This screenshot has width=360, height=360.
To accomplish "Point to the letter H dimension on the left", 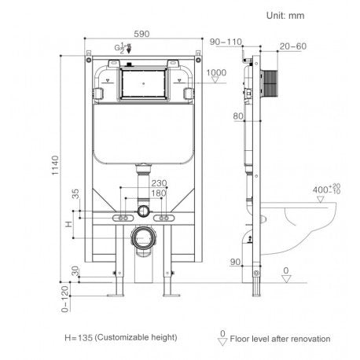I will click(x=75, y=226).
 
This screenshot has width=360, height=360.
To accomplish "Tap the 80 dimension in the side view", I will click(x=238, y=117).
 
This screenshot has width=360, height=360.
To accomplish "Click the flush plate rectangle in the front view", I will click(x=142, y=83).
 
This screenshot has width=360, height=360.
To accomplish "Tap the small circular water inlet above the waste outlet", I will click(x=142, y=211).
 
